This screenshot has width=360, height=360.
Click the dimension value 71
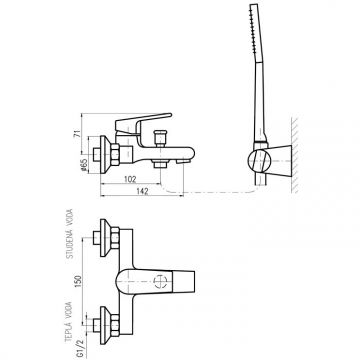77,133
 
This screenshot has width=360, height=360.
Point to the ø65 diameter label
84,165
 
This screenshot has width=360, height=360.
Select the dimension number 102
130,179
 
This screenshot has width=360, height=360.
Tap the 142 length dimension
142,191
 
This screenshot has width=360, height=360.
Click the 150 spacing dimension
78,282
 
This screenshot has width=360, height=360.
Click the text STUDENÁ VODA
70,234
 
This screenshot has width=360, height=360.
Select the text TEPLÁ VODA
69,322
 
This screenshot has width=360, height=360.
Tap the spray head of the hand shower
255,33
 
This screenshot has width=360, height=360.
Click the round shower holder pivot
259,161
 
